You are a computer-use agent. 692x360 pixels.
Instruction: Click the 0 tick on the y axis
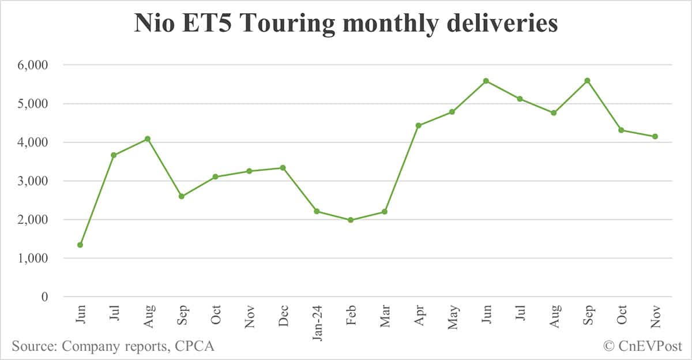[x=44, y=297]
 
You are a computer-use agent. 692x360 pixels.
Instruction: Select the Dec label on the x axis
[x=283, y=314]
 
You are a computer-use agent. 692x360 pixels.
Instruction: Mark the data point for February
[x=351, y=220]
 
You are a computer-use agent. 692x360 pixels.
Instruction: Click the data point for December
[x=283, y=168]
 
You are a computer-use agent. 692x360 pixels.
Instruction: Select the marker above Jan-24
[x=317, y=211]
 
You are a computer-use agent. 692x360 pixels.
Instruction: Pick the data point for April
[x=419, y=125]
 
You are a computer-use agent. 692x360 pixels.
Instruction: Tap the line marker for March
[x=385, y=212]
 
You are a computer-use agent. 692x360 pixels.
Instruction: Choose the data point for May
[x=452, y=112]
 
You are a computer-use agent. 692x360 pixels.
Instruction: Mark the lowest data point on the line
[x=80, y=245]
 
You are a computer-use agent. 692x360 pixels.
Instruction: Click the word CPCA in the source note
[x=194, y=346]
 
